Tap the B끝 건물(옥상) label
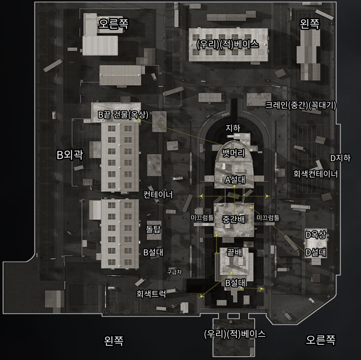[123, 114]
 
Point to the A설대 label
[235, 179]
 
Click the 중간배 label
[234, 219]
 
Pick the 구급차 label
[174, 272]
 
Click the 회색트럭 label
[151, 294]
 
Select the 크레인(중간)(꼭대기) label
[301, 105]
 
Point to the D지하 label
[340, 158]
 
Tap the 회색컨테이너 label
[316, 173]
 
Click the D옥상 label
[316, 235]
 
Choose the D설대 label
[316, 252]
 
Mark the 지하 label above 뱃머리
[233, 128]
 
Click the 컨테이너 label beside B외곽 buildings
[158, 195]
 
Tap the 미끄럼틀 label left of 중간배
[202, 218]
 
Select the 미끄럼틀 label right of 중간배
[268, 218]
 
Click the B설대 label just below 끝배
[236, 283]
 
